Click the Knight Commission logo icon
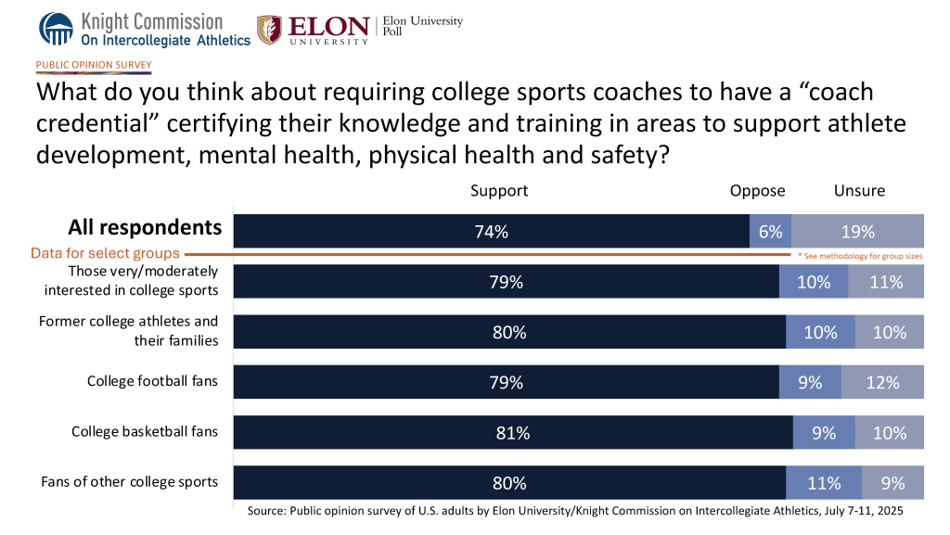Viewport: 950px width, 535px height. pos(56,29)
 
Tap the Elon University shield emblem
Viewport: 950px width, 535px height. pos(269,30)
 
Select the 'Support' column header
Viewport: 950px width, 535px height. pos(499,191)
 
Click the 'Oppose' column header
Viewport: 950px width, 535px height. pos(757,191)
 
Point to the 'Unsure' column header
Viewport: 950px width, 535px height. pos(859,191)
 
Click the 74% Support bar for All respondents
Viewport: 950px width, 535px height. pos(491,232)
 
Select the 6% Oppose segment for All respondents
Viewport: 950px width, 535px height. pos(770,232)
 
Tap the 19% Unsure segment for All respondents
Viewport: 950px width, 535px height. pos(858,232)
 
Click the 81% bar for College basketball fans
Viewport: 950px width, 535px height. pos(512,432)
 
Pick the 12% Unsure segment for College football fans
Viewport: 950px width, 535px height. pos(882,382)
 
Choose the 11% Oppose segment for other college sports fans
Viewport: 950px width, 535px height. pos(824,482)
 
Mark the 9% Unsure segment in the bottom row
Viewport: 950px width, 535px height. pos(893,482)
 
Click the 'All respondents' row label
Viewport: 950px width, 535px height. pos(145,228)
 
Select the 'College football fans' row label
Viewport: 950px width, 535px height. pos(153,381)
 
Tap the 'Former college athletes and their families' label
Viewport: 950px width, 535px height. pos(129,331)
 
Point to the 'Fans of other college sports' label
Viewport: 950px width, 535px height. pos(130,481)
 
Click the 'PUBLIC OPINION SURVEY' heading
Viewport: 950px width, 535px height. pos(94,65)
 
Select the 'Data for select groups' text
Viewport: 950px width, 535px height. pos(105,253)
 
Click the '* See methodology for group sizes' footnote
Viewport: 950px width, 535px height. pos(860,255)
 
